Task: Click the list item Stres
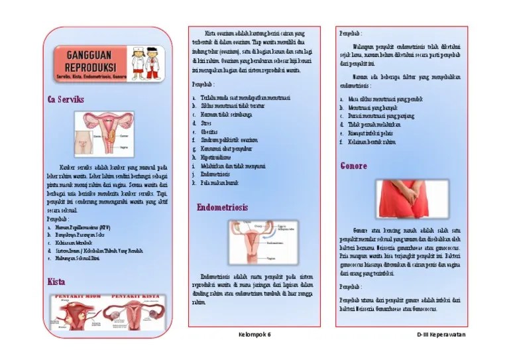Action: click(x=207, y=123)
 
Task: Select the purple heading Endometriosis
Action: click(x=222, y=208)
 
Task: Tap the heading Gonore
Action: click(x=354, y=166)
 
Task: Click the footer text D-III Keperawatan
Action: click(x=441, y=335)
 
